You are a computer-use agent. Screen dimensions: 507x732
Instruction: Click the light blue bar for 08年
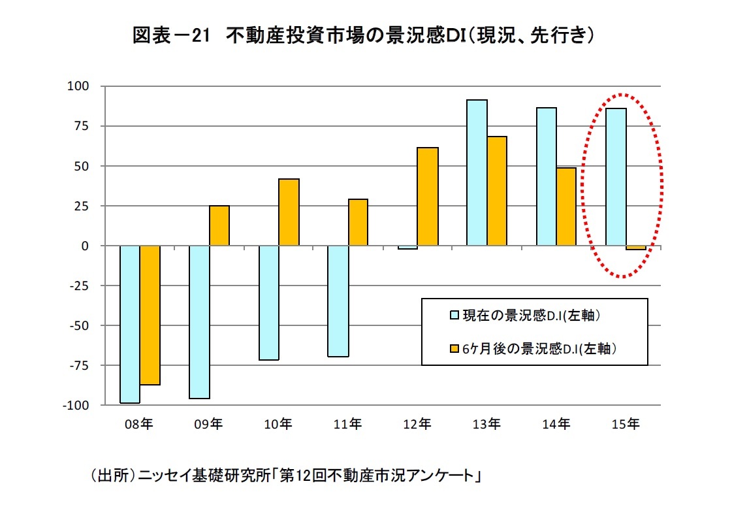coord(130,324)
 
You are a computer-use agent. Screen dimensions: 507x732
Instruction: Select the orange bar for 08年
coord(150,315)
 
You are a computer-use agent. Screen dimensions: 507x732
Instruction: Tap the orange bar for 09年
coord(219,225)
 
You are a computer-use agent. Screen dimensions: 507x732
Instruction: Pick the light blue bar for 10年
coord(269,303)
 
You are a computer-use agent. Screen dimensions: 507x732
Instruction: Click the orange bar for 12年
coord(428,197)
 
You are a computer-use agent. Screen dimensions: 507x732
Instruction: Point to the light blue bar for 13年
coord(477,172)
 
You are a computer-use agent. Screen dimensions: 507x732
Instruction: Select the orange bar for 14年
coord(566,206)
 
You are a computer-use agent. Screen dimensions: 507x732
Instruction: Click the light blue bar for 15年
coord(616,177)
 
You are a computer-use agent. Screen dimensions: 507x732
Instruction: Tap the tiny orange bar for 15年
coord(635,248)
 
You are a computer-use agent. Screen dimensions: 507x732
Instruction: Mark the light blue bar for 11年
coord(338,301)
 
